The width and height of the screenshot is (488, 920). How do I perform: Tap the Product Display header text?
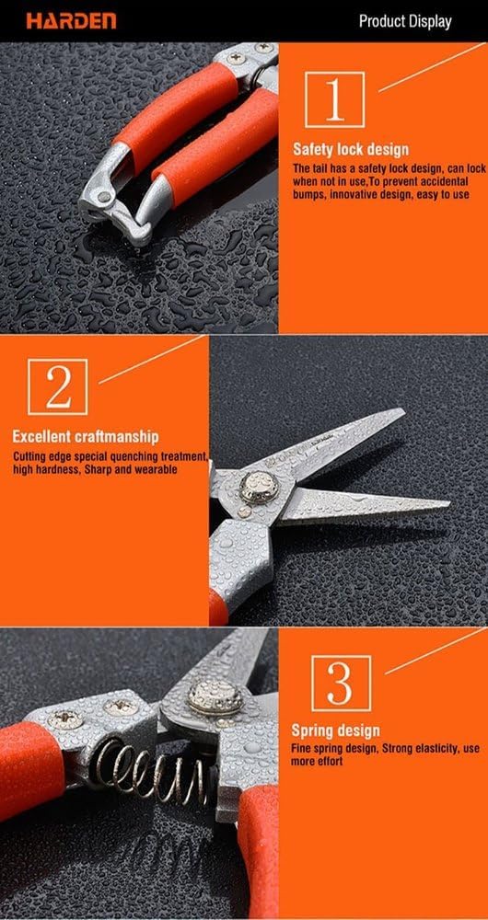point(404,20)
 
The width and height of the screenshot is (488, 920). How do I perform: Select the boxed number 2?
point(58,387)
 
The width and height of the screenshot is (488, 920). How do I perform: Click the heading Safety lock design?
point(351,149)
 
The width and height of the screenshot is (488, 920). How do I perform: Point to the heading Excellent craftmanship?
point(86,436)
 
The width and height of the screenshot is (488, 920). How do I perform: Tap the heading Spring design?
point(336,730)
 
